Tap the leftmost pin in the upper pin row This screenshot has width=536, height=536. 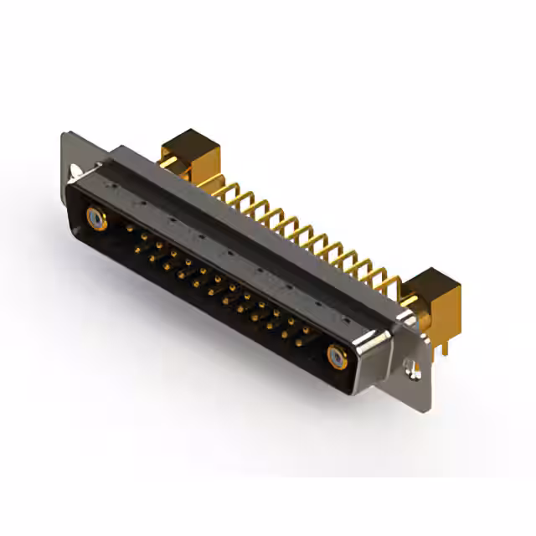click(129, 227)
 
